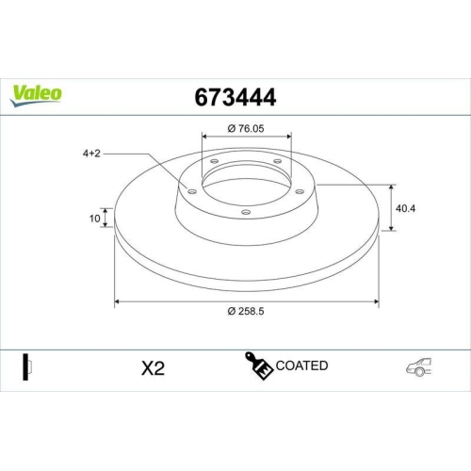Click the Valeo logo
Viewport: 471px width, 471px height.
click(37, 92)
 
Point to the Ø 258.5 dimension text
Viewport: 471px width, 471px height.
click(246, 313)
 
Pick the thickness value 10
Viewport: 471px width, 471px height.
click(94, 219)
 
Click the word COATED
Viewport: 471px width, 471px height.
click(302, 365)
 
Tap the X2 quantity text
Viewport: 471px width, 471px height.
click(153, 368)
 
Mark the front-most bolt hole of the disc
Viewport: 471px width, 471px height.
click(245, 212)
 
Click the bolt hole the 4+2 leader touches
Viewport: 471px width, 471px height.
click(192, 191)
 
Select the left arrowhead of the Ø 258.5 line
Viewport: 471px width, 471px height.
click(118, 301)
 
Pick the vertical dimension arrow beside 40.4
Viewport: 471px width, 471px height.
click(392, 207)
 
